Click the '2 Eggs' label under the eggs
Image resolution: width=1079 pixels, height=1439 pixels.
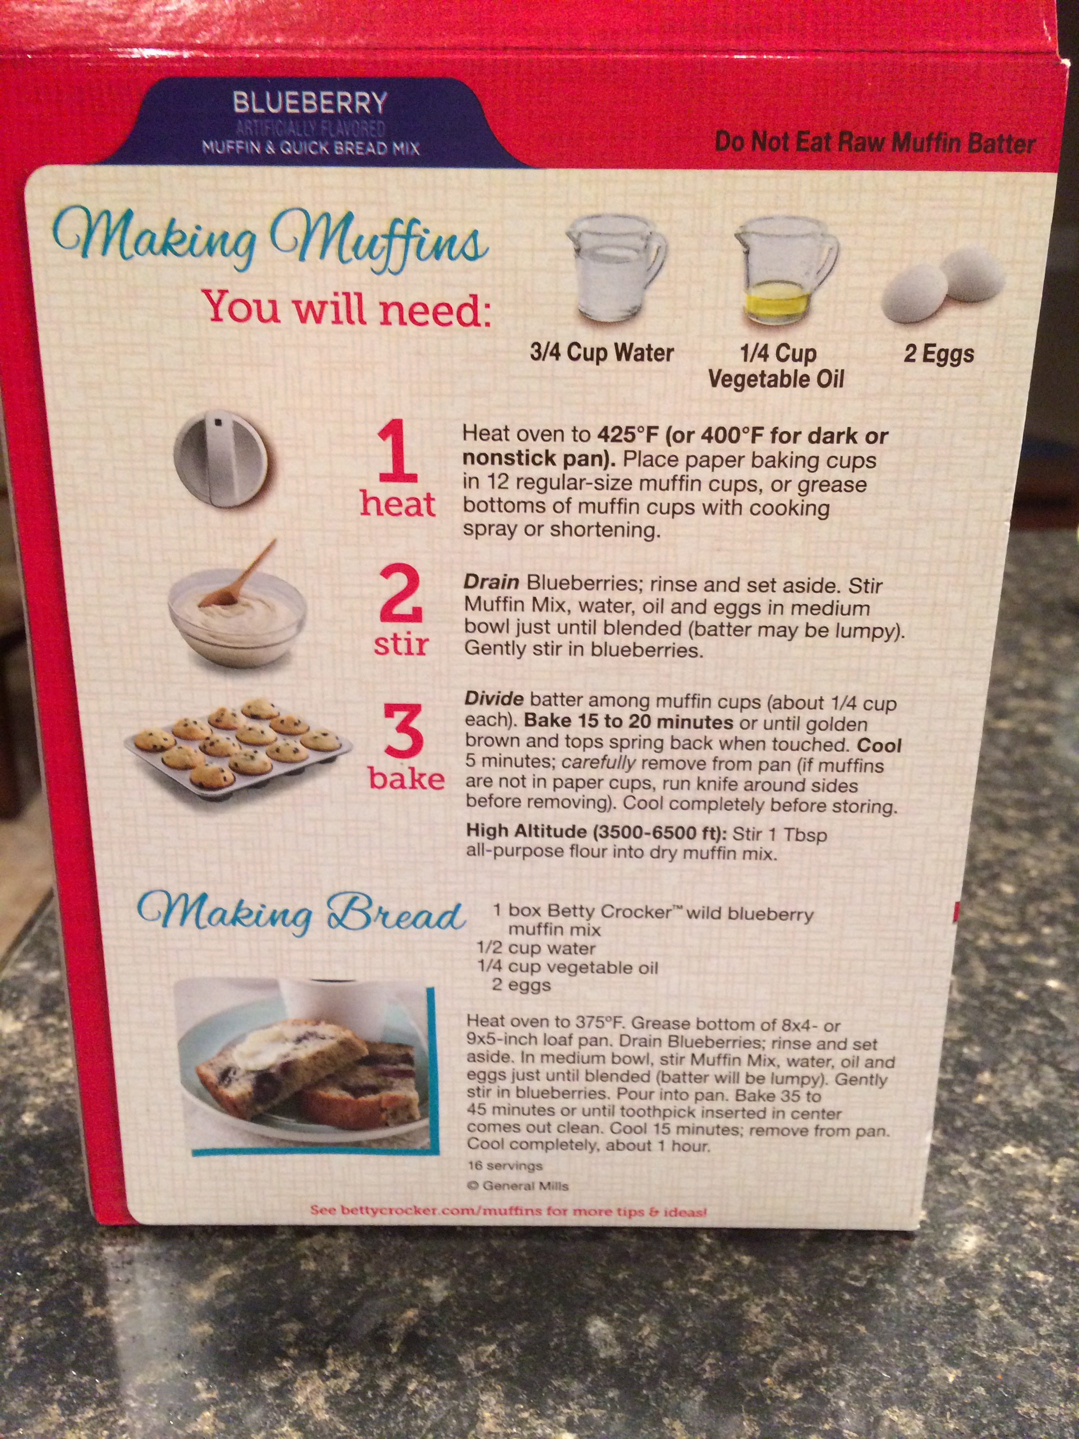938,355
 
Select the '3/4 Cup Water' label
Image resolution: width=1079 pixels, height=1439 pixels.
602,353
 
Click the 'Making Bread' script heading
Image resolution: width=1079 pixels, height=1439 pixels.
301,915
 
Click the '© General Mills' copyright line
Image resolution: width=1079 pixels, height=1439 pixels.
518,1186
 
